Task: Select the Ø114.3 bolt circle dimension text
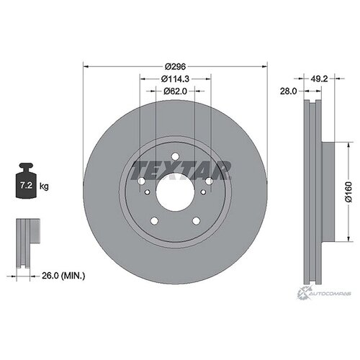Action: (x=175, y=78)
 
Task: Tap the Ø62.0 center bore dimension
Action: (x=175, y=91)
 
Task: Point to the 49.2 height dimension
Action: (x=319, y=78)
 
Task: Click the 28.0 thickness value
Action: (x=289, y=91)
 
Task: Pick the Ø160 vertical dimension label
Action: (x=348, y=192)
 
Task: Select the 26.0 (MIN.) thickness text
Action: (x=63, y=276)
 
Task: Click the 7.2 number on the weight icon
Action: (x=26, y=185)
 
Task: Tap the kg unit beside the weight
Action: (x=44, y=186)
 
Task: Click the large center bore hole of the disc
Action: (x=175, y=192)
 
